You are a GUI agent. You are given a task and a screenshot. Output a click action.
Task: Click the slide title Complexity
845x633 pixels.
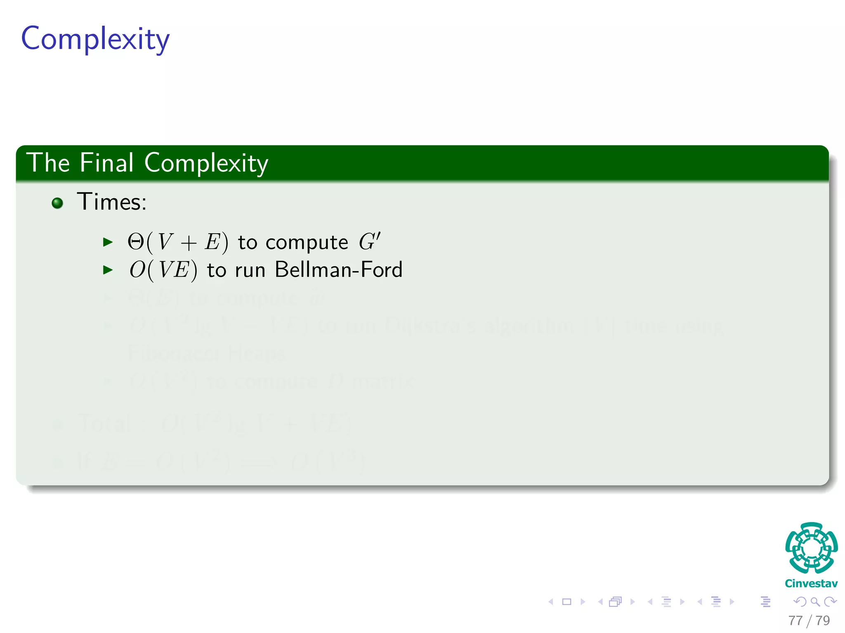click(95, 39)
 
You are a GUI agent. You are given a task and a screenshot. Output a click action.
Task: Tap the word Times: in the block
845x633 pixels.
click(112, 202)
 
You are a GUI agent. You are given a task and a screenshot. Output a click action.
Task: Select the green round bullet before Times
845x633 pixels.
click(57, 203)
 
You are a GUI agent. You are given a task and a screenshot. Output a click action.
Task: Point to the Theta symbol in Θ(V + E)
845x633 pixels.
click(135, 242)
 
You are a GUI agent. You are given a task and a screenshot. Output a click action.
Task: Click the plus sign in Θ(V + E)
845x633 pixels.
click(188, 243)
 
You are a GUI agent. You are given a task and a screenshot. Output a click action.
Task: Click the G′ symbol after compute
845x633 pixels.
click(369, 241)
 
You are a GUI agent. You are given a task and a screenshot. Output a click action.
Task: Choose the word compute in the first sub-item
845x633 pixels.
click(307, 243)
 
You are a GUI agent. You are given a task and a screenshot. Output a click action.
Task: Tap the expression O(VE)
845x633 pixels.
click(163, 270)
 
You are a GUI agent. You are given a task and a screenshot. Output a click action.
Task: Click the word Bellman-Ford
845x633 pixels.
click(338, 270)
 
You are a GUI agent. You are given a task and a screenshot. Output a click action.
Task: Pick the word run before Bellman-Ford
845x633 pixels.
click(250, 271)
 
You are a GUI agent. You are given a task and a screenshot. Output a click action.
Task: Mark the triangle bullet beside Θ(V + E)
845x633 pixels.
click(108, 242)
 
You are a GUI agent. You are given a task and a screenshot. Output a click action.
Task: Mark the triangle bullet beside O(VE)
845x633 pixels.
click(108, 270)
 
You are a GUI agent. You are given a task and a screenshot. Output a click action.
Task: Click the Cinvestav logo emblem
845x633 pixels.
click(811, 548)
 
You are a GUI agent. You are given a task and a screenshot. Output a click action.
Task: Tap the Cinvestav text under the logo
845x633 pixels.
click(811, 584)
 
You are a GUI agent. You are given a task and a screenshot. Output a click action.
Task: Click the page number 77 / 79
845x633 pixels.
click(809, 620)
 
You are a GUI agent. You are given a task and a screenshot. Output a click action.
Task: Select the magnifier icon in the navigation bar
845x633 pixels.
click(815, 602)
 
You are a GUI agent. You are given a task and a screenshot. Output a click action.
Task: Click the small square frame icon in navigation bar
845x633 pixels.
click(567, 602)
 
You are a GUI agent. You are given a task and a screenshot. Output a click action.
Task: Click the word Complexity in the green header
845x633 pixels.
click(206, 163)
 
